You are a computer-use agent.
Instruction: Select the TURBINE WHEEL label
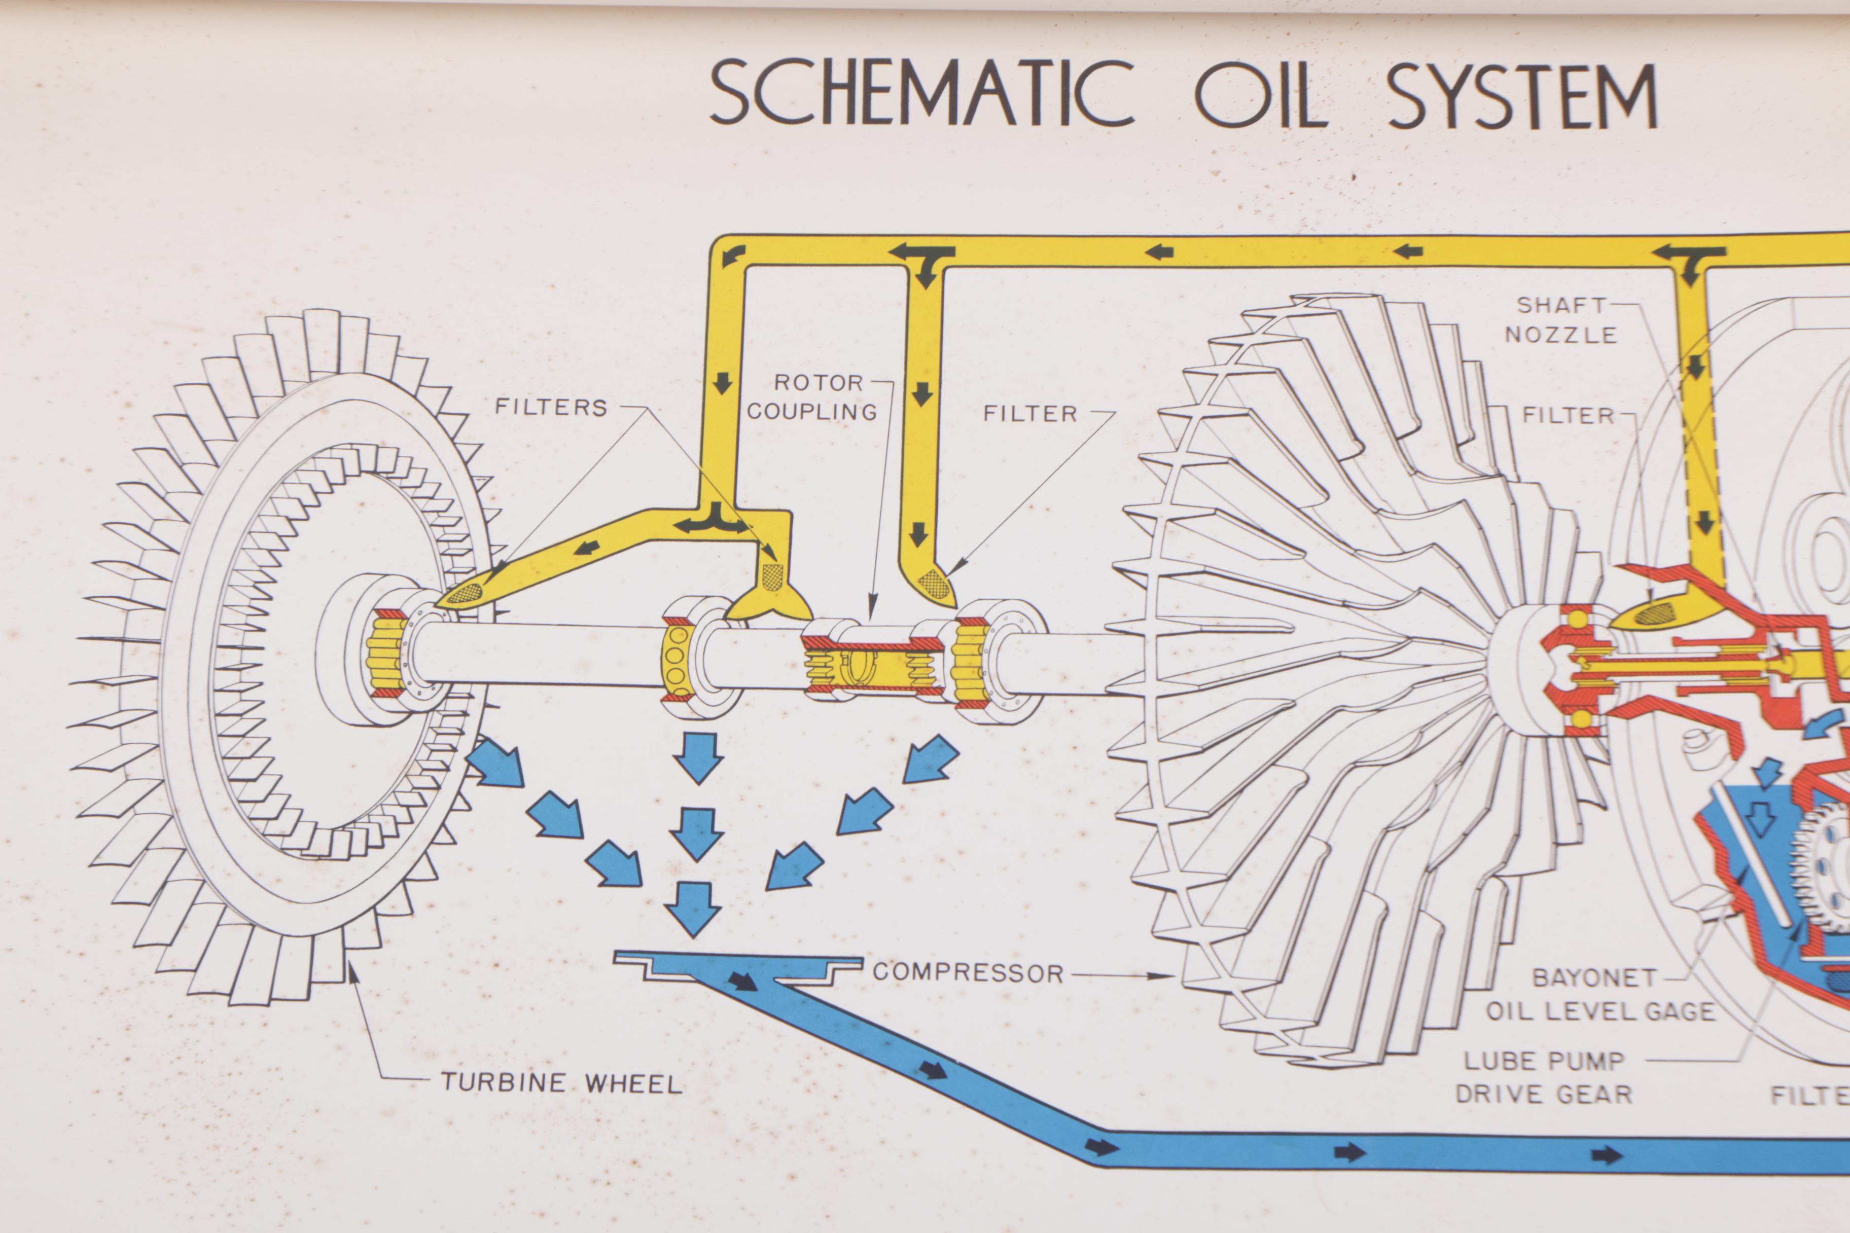pyautogui.click(x=561, y=1083)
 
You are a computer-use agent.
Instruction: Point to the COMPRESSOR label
pyautogui.click(x=968, y=973)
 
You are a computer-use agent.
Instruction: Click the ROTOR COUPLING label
pyautogui.click(x=812, y=397)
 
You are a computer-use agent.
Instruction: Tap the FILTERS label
pyautogui.click(x=551, y=407)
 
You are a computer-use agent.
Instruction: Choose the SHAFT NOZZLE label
pyautogui.click(x=1560, y=320)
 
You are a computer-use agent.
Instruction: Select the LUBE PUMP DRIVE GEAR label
pyautogui.click(x=1543, y=1077)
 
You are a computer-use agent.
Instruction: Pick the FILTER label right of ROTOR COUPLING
pyautogui.click(x=1029, y=414)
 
